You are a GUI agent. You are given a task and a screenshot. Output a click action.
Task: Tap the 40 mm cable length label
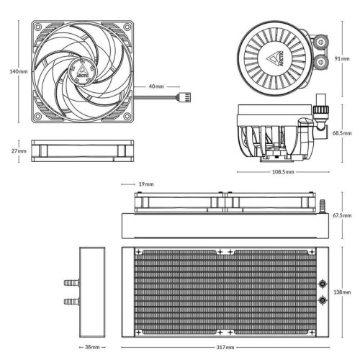tap(156, 86)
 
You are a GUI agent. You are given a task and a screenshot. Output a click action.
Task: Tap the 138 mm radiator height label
tap(342, 292)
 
